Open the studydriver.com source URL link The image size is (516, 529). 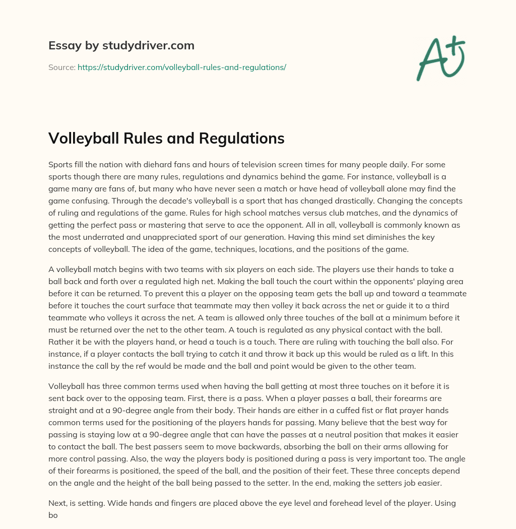tap(182, 67)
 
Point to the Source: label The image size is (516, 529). tap(61, 67)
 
